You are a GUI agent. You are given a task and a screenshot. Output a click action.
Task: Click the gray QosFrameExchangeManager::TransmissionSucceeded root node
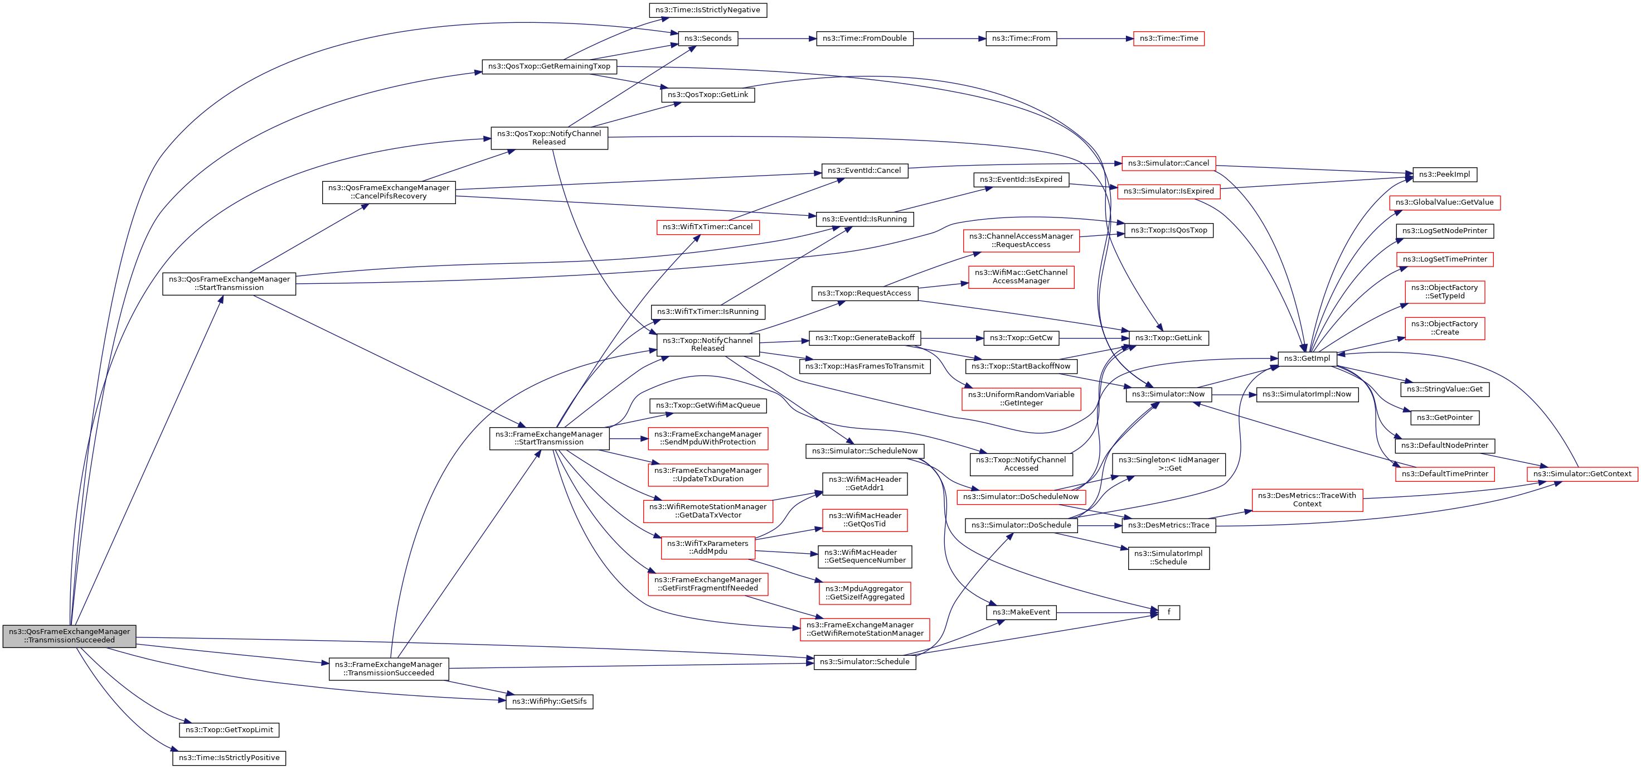[x=70, y=636]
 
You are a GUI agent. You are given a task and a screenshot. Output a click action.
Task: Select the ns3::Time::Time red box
[x=1168, y=39]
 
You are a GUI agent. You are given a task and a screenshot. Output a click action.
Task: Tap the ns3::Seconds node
[x=708, y=39]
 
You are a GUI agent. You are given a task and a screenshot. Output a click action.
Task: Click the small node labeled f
[x=1168, y=612]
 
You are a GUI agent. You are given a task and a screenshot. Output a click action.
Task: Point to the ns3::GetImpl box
[x=1307, y=359]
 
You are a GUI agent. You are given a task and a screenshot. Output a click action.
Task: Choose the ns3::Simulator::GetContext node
[x=1582, y=474]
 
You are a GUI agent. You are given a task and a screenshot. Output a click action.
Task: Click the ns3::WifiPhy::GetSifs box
[x=549, y=702]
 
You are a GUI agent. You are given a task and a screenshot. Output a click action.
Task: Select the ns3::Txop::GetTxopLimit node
[x=229, y=730]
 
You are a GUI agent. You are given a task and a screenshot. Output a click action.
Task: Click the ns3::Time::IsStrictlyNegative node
[x=707, y=10]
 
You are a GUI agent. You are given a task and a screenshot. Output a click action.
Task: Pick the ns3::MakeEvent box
[x=1021, y=612]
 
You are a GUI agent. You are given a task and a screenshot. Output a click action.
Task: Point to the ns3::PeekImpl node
[x=1444, y=175]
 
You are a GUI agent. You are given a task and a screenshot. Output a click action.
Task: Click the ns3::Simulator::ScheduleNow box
[x=865, y=451]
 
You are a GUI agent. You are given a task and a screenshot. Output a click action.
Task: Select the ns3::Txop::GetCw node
[x=1021, y=338]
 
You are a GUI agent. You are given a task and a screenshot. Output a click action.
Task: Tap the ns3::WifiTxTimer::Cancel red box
[x=707, y=228]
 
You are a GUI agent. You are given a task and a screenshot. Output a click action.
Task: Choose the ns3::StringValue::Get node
[x=1444, y=389]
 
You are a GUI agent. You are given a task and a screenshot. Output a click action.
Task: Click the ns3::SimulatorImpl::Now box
[x=1307, y=394]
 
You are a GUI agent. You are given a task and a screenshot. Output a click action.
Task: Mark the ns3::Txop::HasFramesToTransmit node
[x=865, y=366]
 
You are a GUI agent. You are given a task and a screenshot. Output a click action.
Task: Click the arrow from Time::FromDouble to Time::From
[x=949, y=39]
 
